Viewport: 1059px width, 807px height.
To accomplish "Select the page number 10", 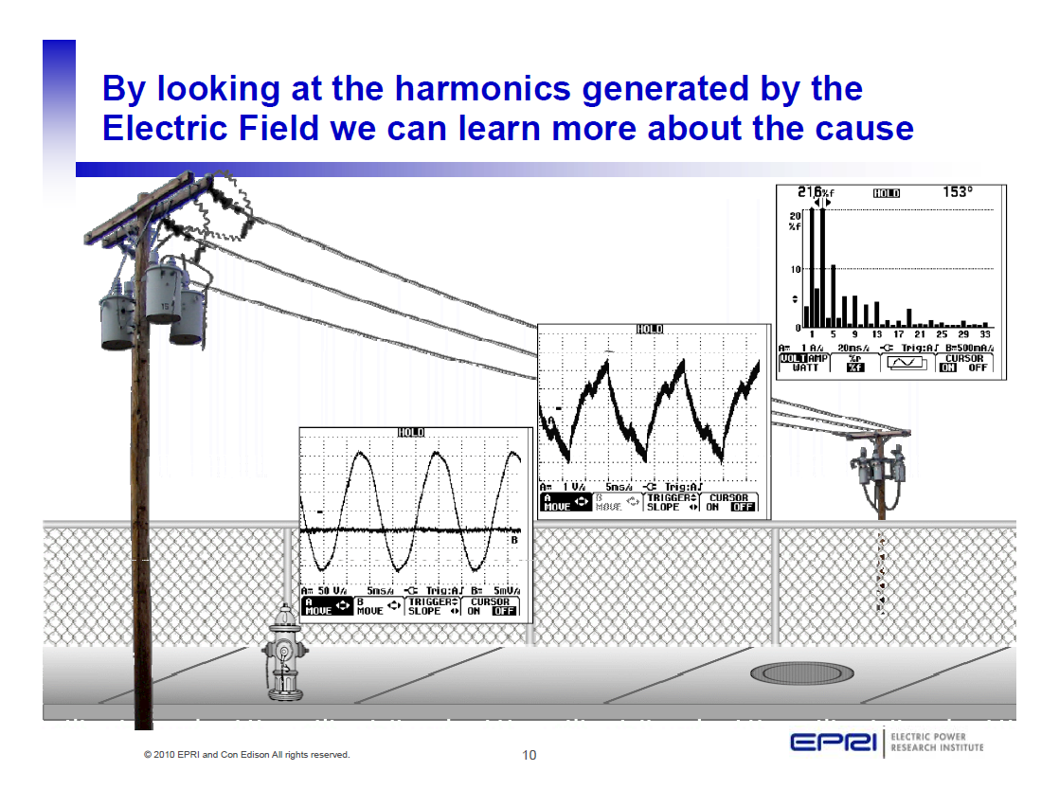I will [529, 755].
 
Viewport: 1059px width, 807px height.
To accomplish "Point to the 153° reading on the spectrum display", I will [958, 192].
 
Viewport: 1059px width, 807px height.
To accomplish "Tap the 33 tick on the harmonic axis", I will [985, 333].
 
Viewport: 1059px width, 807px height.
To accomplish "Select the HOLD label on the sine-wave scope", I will [411, 433].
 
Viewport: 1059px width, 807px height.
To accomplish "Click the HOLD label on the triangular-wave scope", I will [650, 329].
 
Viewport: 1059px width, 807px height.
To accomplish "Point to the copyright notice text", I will [246, 755].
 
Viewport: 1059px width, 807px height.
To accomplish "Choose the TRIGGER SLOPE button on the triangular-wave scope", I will [670, 502].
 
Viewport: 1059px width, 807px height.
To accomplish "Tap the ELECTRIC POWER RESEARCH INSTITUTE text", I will [937, 743].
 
